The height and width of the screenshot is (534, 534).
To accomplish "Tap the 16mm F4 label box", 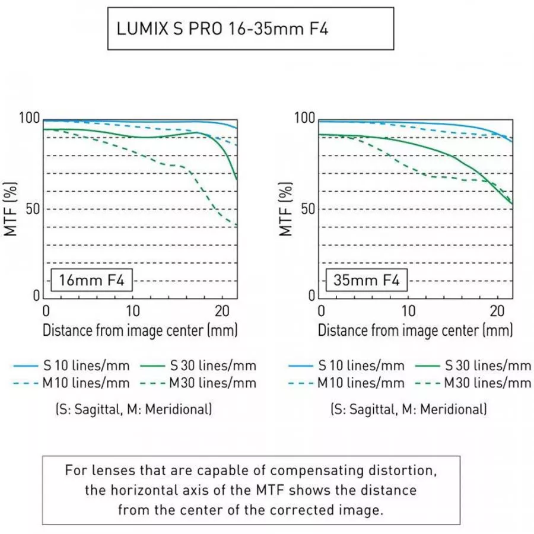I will point(91,279).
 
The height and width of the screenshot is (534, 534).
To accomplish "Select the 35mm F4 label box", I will point(366,279).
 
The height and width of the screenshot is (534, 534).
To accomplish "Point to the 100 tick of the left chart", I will point(31,119).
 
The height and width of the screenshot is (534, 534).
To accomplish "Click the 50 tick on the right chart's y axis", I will point(307,209).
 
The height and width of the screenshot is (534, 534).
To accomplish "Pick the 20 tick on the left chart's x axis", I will point(221,310).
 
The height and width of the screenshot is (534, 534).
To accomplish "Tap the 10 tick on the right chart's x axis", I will point(408,310).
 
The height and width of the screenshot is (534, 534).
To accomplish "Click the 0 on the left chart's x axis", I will point(46,310).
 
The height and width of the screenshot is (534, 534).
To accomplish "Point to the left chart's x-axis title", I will point(140,329).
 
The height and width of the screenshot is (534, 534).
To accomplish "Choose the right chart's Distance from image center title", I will point(415,329).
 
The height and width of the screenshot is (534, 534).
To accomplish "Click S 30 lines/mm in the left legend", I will point(212,366).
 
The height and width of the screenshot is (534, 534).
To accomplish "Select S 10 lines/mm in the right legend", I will point(361,366).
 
